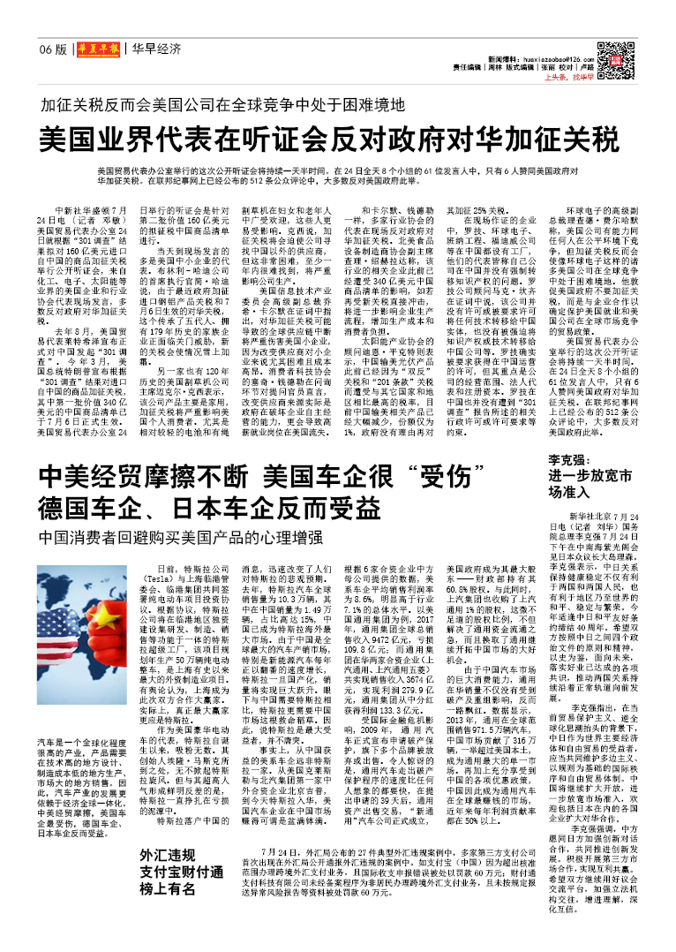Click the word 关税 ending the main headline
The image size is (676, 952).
click(591, 140)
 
